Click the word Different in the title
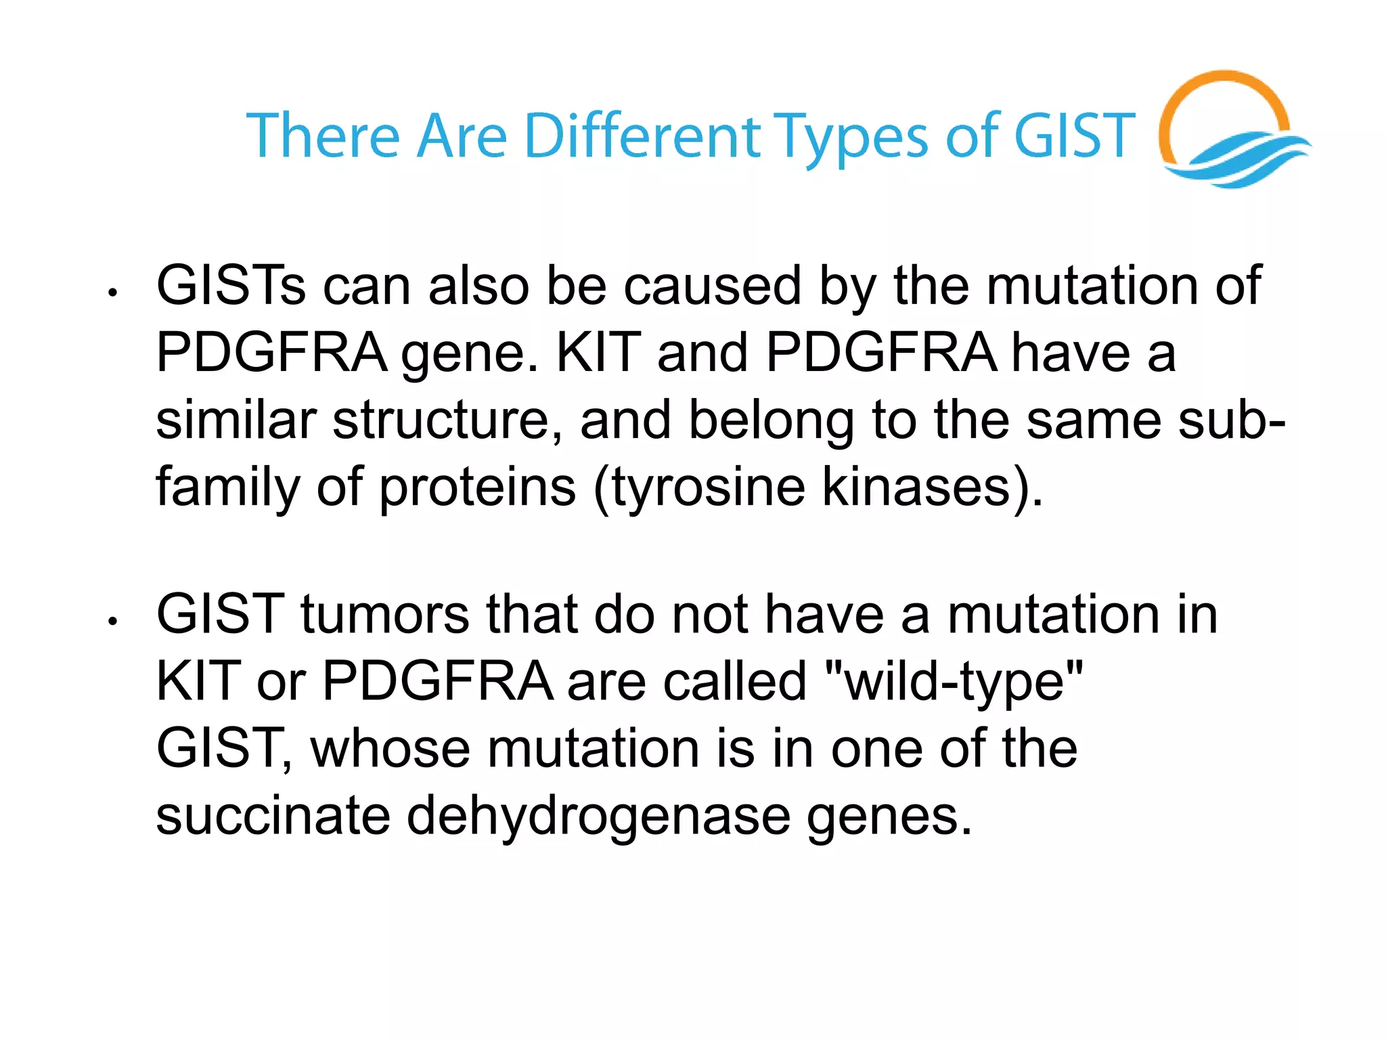click(x=642, y=136)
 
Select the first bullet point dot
click(x=113, y=292)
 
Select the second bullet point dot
click(x=113, y=620)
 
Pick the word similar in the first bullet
click(x=236, y=420)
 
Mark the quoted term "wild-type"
click(x=954, y=681)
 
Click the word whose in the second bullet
click(x=390, y=748)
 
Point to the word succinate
click(x=273, y=815)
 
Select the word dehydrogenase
click(x=598, y=815)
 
